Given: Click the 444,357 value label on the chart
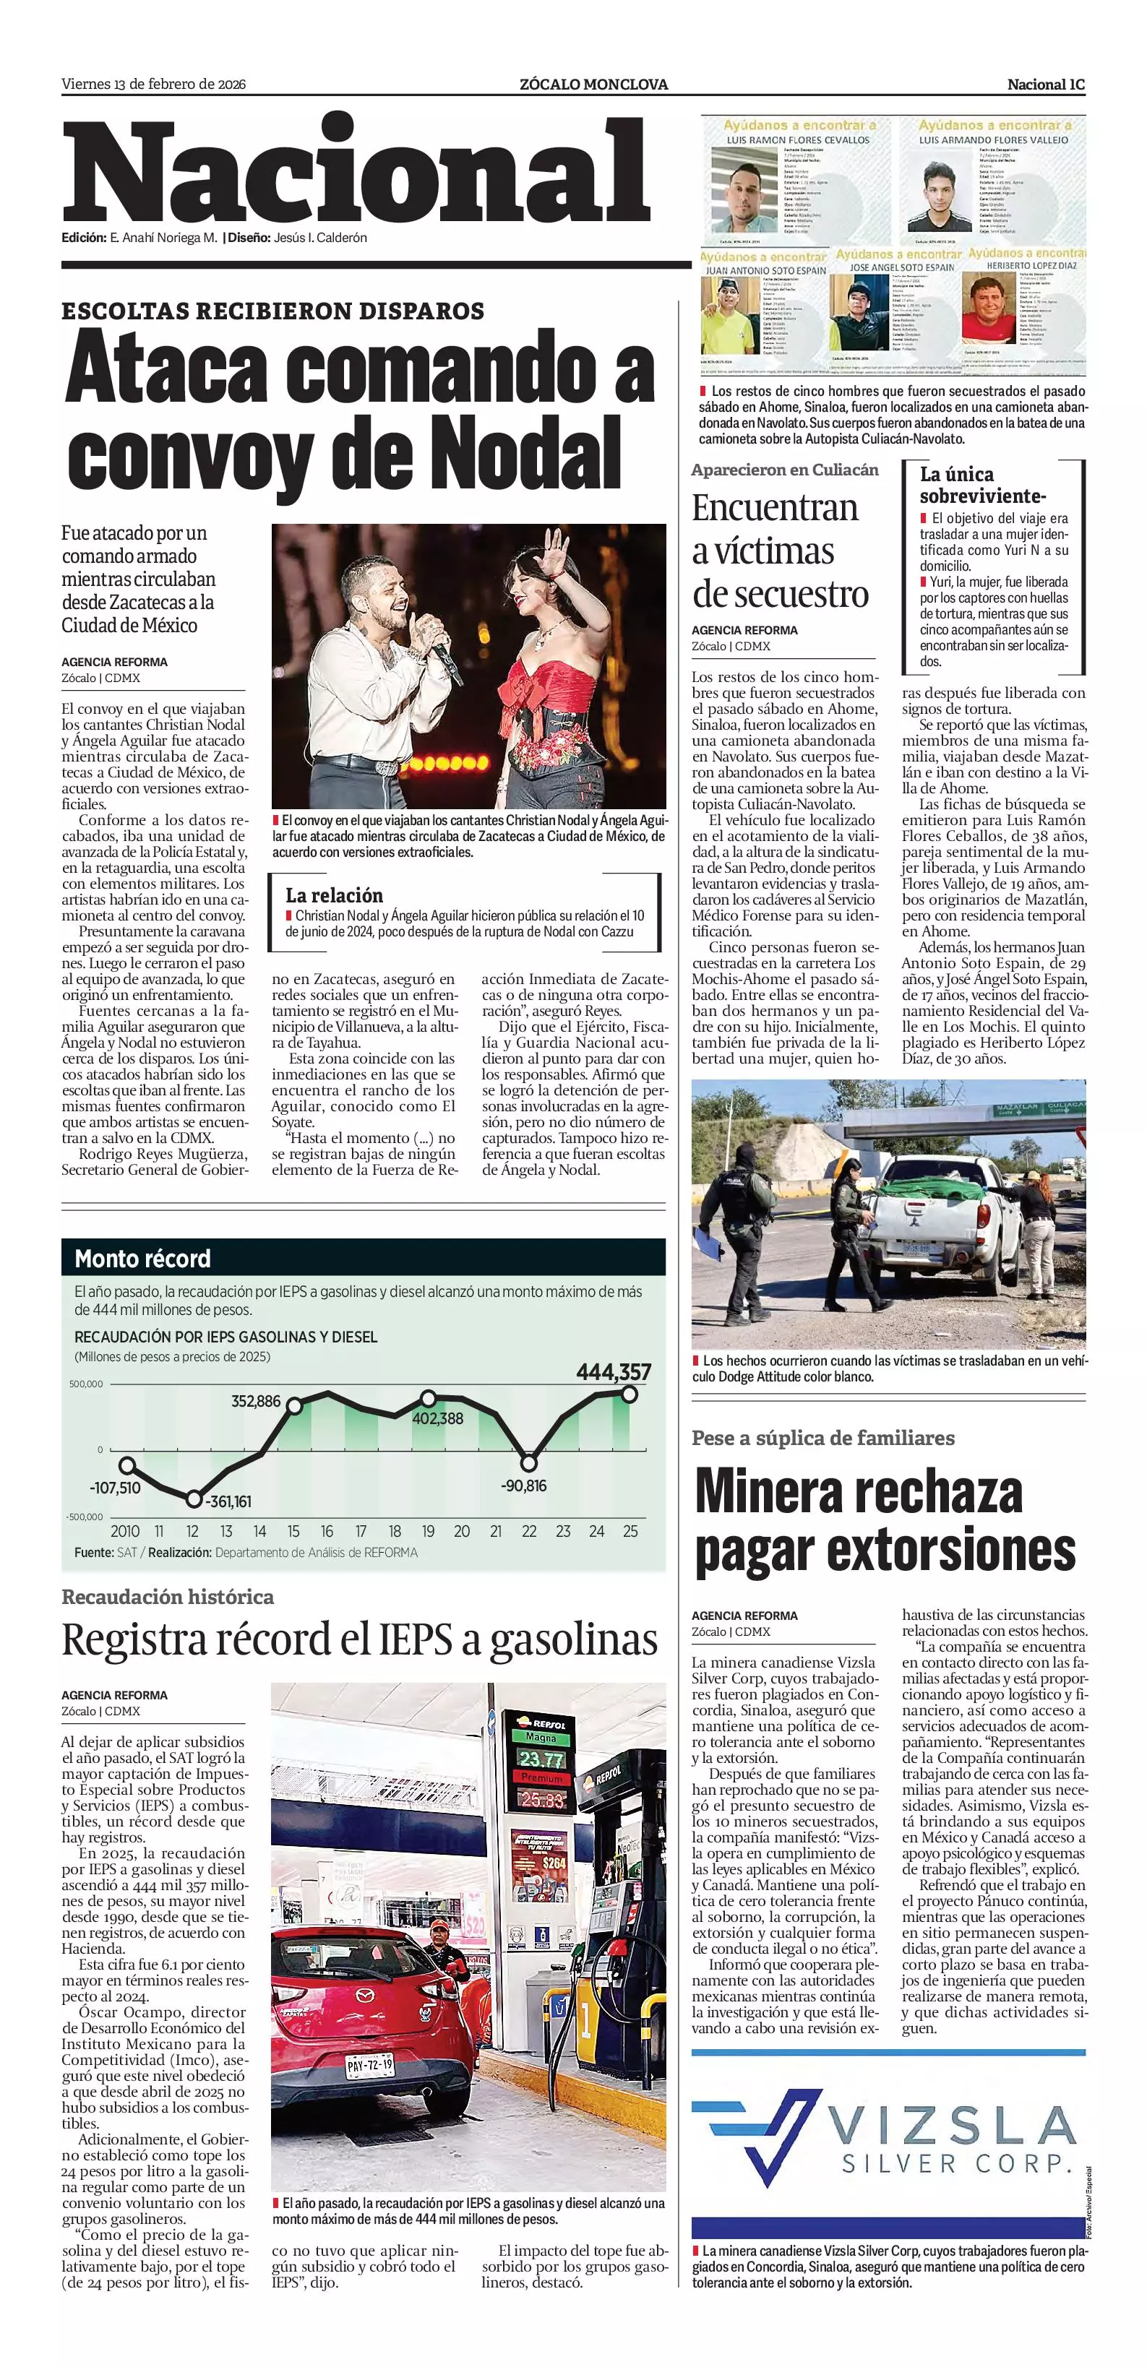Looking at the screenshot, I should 613,1372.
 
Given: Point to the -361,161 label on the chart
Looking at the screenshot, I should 228,1501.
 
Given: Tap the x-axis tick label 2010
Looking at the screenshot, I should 125,1531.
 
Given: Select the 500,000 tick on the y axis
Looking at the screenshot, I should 85,1384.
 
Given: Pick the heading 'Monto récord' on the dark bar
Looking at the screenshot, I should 142,1259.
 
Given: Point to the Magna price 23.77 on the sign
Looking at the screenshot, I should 541,1759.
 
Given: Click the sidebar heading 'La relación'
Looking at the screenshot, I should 334,895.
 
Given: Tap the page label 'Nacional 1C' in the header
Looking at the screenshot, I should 1045,85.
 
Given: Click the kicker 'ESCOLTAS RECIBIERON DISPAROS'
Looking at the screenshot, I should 273,311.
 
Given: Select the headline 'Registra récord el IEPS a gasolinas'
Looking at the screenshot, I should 359,1640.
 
